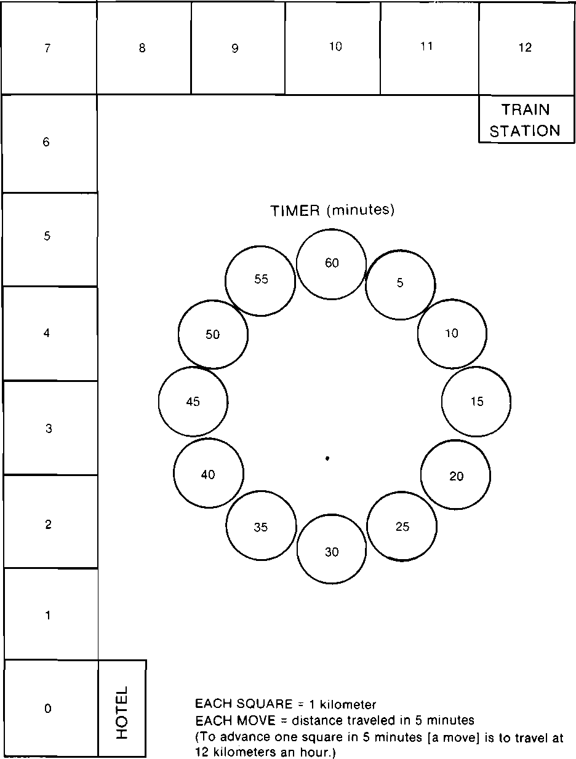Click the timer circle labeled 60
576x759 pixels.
tap(331, 264)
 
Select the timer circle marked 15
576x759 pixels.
tap(476, 401)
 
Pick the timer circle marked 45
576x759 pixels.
tap(193, 401)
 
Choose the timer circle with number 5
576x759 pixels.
tap(400, 284)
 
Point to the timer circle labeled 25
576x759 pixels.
tap(402, 526)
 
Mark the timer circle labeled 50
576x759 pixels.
tap(213, 335)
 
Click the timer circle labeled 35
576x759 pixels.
tap(261, 526)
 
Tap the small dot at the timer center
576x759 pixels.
tap(327, 458)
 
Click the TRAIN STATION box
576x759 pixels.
tap(526, 120)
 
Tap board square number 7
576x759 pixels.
tap(48, 48)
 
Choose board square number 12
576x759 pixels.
tap(526, 48)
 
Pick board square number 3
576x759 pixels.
tap(49, 428)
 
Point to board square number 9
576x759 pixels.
tap(237, 48)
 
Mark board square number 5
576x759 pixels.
tap(48, 237)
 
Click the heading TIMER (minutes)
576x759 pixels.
tap(332, 210)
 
